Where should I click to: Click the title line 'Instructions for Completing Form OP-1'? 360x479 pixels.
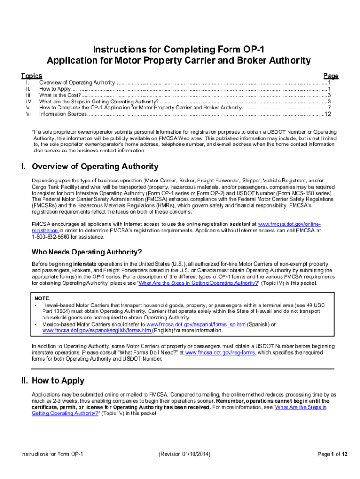point(178,49)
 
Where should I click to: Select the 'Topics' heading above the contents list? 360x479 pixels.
point(31,76)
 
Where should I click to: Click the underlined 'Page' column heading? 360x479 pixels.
point(331,76)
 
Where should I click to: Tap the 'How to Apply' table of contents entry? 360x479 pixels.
point(55,88)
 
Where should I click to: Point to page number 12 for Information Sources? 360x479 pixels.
point(328,114)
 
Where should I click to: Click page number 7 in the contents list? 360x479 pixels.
point(330,108)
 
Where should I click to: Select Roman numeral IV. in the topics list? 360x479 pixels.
point(29,101)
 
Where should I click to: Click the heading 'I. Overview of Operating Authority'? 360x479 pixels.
point(89,167)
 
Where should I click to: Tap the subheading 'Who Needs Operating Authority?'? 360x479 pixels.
point(86,252)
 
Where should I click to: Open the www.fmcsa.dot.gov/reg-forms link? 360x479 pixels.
point(220,353)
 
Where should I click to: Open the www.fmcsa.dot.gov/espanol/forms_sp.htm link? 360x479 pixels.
point(196,324)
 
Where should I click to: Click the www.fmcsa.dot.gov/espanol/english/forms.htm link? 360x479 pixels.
point(97,330)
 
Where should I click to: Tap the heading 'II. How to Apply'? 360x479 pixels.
point(52,380)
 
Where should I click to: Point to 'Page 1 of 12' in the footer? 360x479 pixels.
point(332,454)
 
